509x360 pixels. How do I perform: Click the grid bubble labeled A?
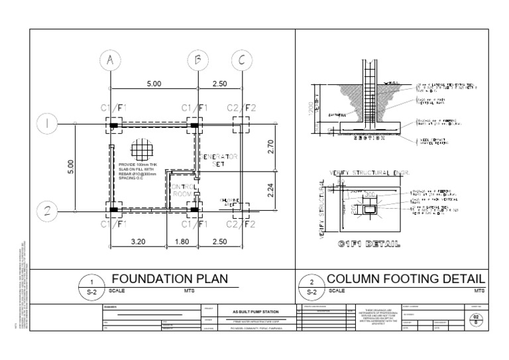tap(110, 61)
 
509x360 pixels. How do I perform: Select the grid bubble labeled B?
tap(198, 61)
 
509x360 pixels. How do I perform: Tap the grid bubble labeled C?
tap(241, 61)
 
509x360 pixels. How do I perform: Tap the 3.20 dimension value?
tap(138, 242)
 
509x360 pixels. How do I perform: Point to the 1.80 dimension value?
tap(182, 242)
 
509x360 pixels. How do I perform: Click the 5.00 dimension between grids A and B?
tap(154, 84)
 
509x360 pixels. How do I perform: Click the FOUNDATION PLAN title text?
tap(169, 279)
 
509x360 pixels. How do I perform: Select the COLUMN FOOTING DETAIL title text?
tap(406, 279)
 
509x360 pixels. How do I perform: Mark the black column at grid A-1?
tap(113, 124)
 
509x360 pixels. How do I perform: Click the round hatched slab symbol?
tap(142, 148)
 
